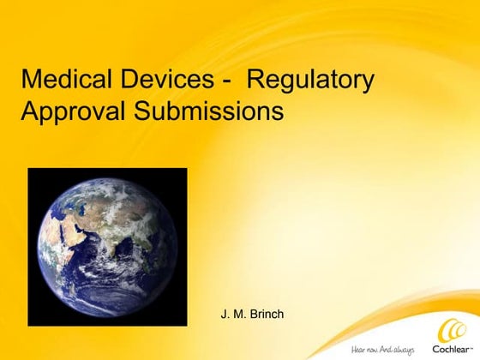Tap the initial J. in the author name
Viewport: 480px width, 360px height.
[x=225, y=312]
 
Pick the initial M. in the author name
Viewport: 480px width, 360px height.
[x=239, y=312]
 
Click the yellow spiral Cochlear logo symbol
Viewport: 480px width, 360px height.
[x=452, y=329]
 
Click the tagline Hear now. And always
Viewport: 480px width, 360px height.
[x=389, y=350]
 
